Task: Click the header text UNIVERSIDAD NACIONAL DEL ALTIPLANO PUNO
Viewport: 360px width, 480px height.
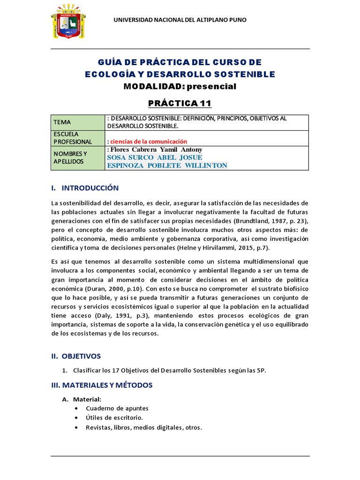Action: click(x=181, y=20)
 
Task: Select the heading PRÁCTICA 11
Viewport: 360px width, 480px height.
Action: click(x=180, y=103)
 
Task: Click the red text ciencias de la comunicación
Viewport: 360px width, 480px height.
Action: click(x=148, y=142)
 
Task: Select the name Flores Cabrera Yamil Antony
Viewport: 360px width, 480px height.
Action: click(x=155, y=150)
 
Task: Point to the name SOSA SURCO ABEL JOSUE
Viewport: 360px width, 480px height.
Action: click(x=155, y=157)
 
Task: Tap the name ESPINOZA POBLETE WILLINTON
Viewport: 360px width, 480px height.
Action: click(x=167, y=165)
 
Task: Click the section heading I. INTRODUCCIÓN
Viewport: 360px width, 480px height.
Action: click(x=85, y=188)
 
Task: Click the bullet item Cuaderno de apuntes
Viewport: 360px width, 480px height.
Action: click(x=117, y=408)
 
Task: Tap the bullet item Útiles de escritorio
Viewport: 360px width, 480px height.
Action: click(x=114, y=418)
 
